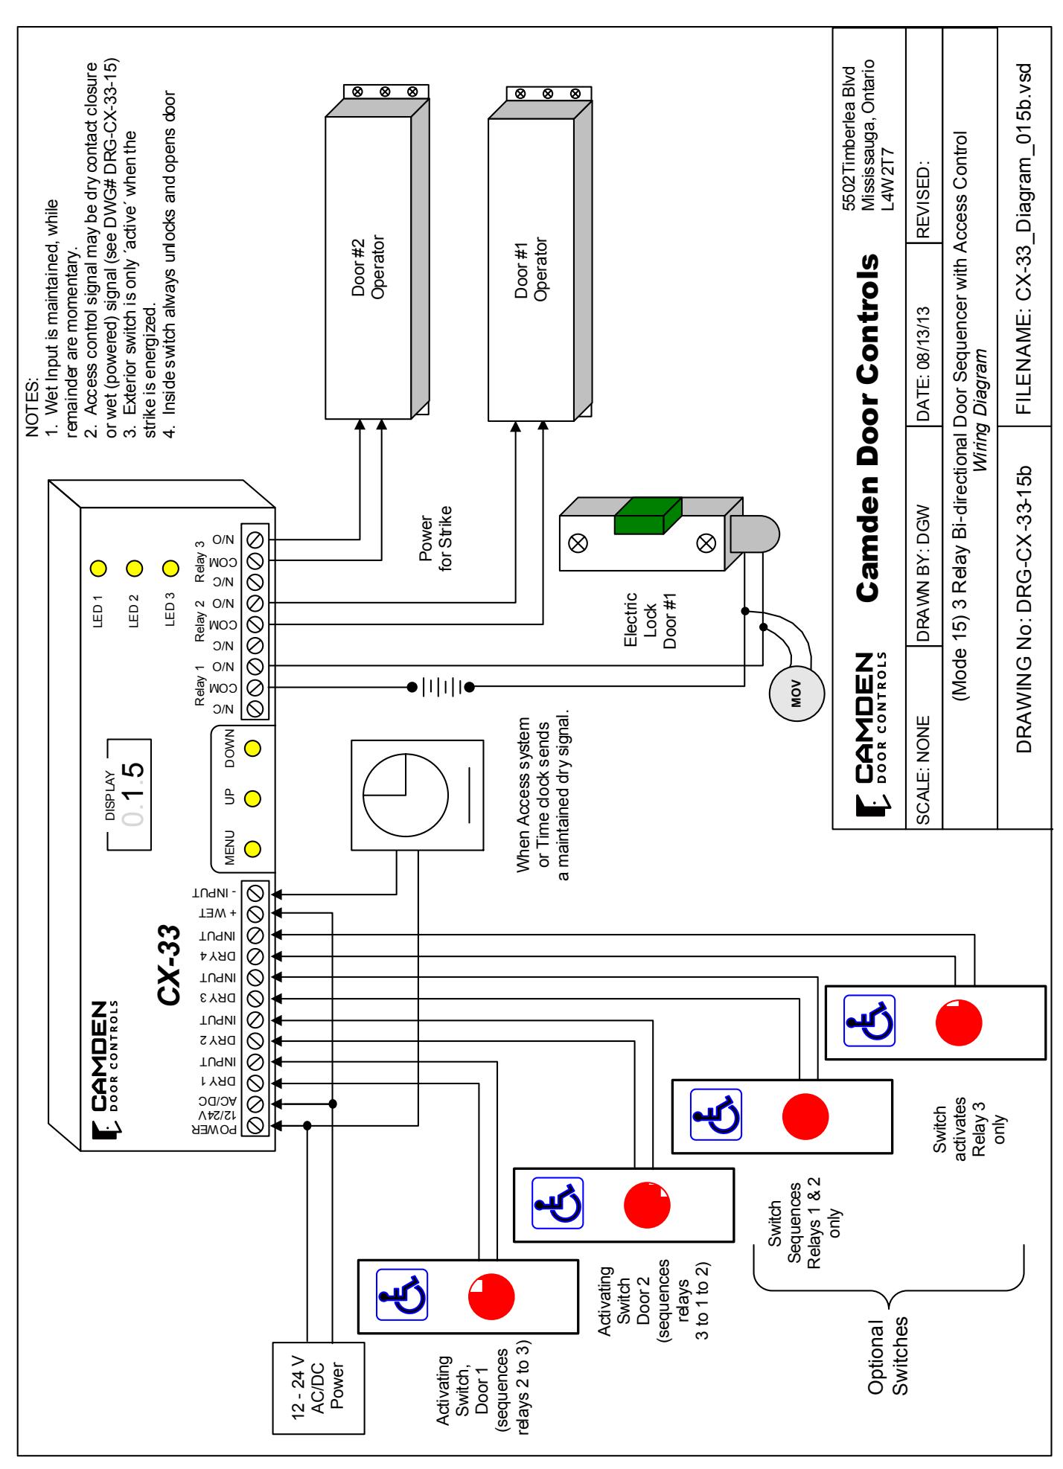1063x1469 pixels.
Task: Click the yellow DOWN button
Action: click(252, 748)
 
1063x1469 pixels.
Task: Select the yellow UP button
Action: click(252, 798)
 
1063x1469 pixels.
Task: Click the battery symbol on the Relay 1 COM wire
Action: click(441, 687)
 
